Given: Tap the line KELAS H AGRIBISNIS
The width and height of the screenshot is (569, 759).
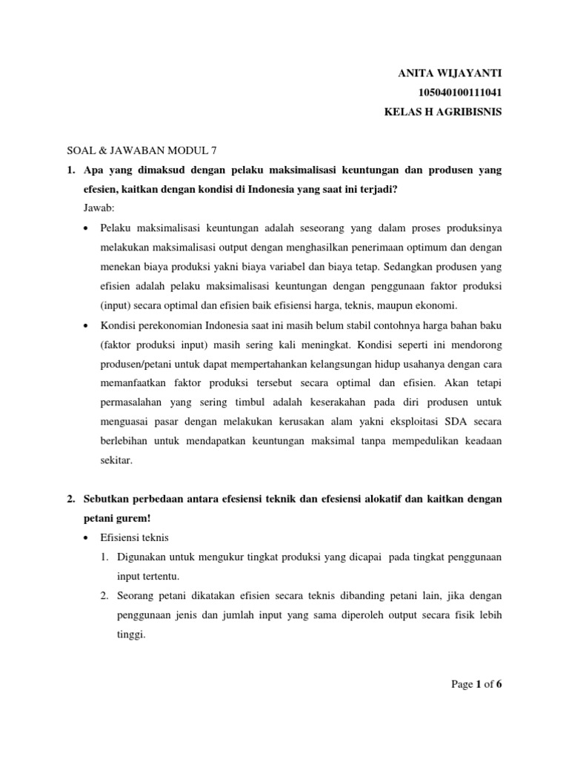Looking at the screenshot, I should (443, 113).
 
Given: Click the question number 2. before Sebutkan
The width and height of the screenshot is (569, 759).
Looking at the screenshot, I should (72, 499).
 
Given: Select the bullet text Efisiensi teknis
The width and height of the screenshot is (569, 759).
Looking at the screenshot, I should (139, 537).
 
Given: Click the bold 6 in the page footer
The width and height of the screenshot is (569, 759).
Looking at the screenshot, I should (499, 684).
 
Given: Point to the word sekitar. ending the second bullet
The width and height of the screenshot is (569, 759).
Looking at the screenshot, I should (116, 460).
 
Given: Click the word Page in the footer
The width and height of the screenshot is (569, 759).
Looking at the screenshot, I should (462, 684).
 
